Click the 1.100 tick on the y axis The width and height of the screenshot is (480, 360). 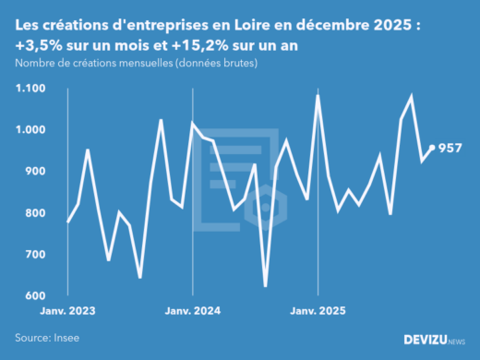coord(30,89)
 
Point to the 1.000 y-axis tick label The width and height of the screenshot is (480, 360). coord(30,130)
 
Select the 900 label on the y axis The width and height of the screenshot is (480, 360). coord(35,172)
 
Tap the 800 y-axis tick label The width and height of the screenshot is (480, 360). coord(35,213)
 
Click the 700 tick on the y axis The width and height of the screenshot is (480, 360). coord(35,254)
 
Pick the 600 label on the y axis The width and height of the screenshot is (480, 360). coord(35,295)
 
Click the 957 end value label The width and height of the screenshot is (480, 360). coord(450,148)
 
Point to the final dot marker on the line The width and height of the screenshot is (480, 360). coord(433,147)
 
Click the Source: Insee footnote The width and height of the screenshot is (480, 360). coord(46,339)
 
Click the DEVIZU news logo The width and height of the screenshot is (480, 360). coord(435,340)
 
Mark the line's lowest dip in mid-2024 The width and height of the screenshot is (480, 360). coord(265,286)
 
